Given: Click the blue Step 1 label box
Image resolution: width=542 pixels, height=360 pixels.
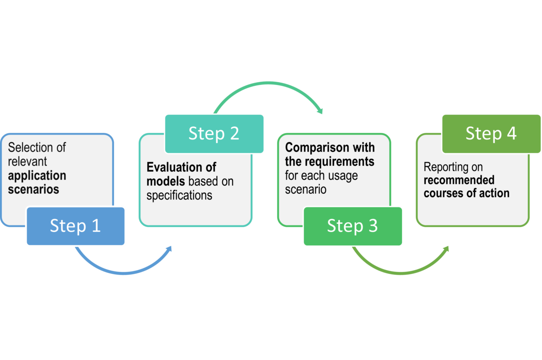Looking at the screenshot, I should click(x=75, y=226).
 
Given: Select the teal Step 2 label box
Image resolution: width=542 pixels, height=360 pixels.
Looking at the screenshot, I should click(x=214, y=134).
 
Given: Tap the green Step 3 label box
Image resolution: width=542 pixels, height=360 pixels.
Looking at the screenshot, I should click(x=353, y=226).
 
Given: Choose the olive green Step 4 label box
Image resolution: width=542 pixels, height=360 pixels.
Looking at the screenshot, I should click(x=491, y=134).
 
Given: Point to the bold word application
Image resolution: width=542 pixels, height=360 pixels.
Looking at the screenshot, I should click(x=37, y=176).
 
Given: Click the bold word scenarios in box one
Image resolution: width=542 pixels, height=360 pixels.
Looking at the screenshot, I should click(x=33, y=189).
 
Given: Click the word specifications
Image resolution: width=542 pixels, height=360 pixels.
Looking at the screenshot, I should click(x=179, y=196).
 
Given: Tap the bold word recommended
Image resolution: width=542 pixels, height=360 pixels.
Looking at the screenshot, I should click(x=459, y=180).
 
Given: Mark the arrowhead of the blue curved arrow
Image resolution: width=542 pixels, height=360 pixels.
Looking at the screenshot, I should click(x=169, y=249).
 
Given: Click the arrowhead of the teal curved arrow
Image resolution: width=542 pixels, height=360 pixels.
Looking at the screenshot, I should click(x=320, y=111).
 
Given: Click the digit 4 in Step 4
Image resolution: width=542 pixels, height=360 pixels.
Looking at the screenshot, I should click(x=511, y=134).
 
